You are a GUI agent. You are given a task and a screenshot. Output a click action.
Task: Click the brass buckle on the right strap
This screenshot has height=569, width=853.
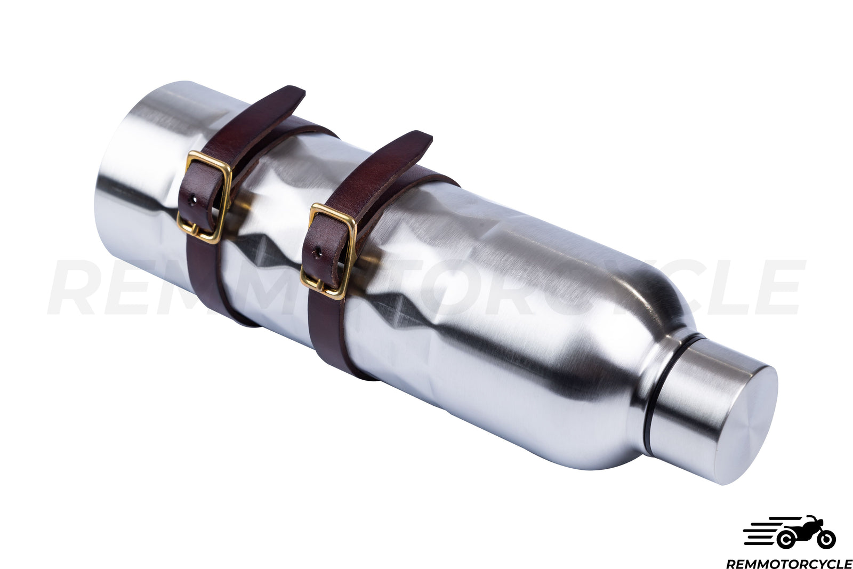[328, 251]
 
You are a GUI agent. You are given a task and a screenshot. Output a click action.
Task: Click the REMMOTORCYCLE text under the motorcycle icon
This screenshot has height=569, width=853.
[789, 563]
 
